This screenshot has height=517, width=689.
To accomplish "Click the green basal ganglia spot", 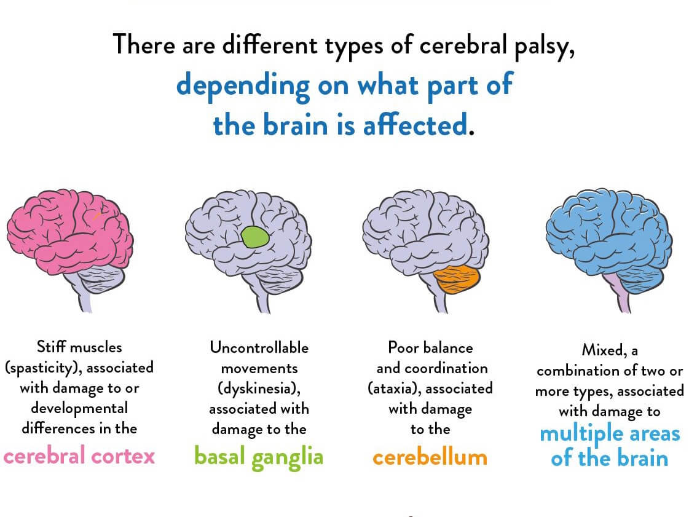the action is (x=255, y=237).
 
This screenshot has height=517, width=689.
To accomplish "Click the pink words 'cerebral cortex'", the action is (x=79, y=456).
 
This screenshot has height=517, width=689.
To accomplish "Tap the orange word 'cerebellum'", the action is (x=430, y=457).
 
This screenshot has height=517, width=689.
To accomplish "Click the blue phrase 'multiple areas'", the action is (x=610, y=435).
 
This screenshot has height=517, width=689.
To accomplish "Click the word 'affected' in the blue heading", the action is (x=415, y=124).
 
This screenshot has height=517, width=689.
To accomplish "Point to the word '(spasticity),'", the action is (x=44, y=368).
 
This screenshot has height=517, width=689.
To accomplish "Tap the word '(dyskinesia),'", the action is (x=259, y=389).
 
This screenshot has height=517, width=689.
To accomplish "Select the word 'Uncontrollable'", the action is (x=259, y=348).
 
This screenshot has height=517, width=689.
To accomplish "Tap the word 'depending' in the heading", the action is (x=243, y=85).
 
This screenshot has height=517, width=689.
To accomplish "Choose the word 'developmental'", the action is (x=79, y=409).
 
